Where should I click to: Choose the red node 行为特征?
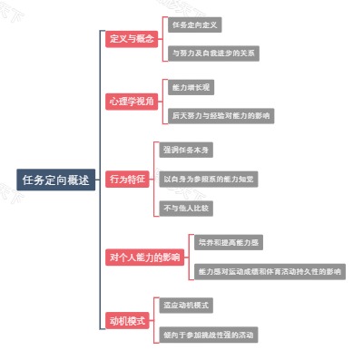tap(126, 180)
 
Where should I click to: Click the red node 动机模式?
tap(127, 320)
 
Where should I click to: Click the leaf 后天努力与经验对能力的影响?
tap(221, 116)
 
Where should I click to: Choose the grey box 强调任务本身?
tap(186, 150)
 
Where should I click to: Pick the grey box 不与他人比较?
tap(186, 209)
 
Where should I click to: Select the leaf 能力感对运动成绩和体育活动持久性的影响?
tap(270, 271)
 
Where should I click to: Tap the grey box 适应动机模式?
tap(186, 306)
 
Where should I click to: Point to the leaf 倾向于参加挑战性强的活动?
tap(209, 335)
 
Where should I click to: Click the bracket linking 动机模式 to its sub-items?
tap(154, 320)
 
